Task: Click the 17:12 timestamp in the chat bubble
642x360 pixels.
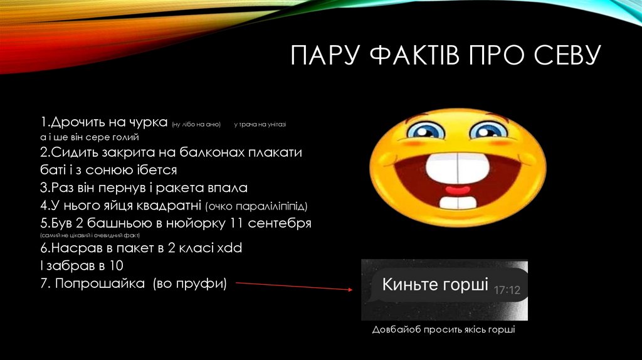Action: coord(507,291)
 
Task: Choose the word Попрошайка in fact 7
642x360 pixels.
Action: coord(94,283)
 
